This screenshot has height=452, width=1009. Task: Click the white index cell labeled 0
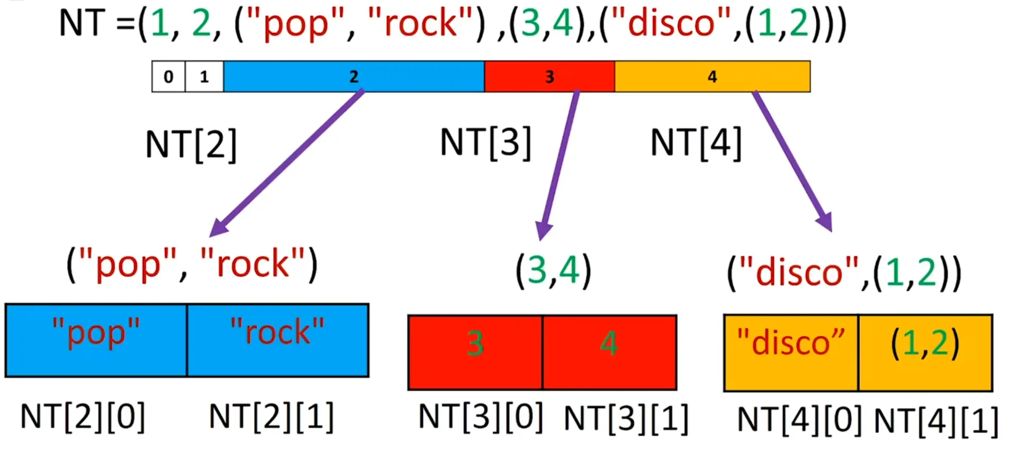coord(169,77)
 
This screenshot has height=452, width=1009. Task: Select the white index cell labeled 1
coord(204,77)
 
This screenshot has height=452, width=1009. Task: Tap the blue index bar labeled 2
coord(353,77)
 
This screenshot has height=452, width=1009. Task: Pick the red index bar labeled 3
coord(549,77)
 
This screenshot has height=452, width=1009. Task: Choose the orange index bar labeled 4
coord(712,77)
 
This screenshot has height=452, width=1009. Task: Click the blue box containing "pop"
coord(96,340)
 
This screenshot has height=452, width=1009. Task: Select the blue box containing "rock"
coord(278,340)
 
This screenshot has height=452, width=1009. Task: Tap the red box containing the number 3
coord(475,352)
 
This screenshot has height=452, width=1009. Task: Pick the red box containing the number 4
coord(610,352)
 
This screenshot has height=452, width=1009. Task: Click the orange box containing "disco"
coord(791,352)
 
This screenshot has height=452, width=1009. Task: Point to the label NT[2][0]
coord(82,417)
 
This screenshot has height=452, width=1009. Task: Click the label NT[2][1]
coord(272,417)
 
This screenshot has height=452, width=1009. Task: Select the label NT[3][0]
coord(480,418)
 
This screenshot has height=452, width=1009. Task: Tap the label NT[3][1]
coord(626,419)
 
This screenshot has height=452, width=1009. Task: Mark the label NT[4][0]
coord(799,420)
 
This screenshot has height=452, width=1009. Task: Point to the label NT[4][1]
coord(936,421)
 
